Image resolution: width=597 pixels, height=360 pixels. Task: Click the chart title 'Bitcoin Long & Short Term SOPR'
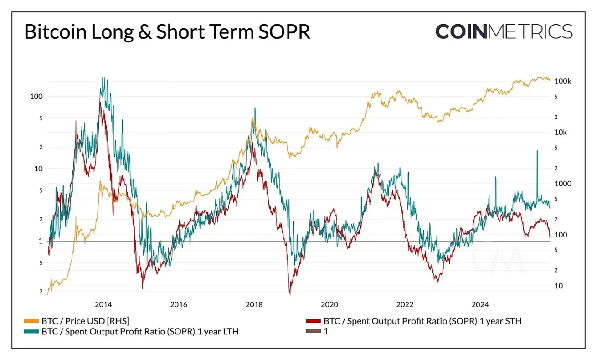167,33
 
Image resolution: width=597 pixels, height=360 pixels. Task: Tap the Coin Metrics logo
504,31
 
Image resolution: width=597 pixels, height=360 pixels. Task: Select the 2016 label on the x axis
179,304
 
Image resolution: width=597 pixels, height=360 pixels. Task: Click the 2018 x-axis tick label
254,304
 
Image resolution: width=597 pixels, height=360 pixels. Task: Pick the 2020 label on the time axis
329,304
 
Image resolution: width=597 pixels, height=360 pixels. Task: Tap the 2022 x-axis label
405,304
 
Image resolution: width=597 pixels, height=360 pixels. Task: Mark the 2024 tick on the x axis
480,304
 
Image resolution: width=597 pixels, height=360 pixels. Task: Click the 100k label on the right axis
562,81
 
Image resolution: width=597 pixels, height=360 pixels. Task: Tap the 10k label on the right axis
561,133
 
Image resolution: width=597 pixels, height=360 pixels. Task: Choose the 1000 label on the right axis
562,184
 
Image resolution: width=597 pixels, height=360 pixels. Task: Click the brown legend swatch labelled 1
314,332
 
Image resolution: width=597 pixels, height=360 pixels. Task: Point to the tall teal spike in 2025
537,151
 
